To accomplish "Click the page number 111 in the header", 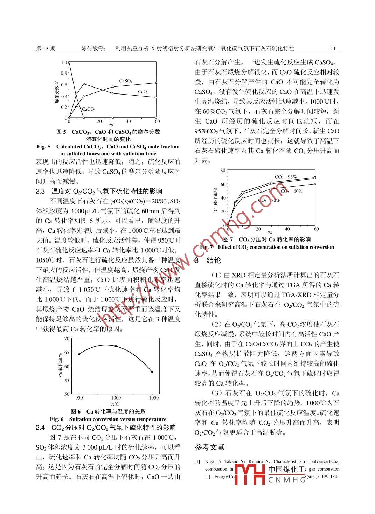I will pos(332,49).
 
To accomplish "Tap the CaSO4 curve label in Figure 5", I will pos(126,81).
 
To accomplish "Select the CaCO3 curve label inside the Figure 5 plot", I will pos(89,109).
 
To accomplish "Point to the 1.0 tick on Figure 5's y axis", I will pos(64,63).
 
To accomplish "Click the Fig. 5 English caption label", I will pos(44,147).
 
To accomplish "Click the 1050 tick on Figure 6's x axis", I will pos(153,397).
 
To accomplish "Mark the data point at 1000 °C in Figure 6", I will pos(116,346).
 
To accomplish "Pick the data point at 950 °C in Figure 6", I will pos(79,354).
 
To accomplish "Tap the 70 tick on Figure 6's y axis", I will pos(67,339).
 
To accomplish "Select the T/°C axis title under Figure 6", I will pos(115,404).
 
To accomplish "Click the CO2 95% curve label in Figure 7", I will pos(286,177).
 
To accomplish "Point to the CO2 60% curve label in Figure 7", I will pos(291,191).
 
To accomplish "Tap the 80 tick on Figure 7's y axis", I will pos(223,171).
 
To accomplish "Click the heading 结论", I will pos(214,261).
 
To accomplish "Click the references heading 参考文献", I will pos(209,447).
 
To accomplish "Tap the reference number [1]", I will pos(197,461).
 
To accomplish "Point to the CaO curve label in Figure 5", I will pos(142,92).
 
